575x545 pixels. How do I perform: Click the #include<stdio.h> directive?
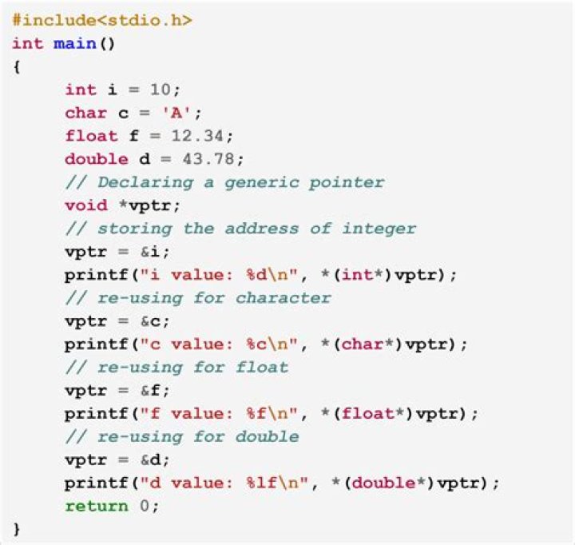tap(102, 20)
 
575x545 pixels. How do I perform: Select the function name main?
tap(75, 44)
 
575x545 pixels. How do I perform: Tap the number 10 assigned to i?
tap(160, 90)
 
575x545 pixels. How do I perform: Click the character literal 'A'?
tap(176, 113)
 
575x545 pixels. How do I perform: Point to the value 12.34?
tap(197, 136)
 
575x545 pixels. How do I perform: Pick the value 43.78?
tap(208, 159)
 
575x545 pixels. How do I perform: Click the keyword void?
tap(86, 205)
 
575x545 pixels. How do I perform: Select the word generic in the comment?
tap(262, 183)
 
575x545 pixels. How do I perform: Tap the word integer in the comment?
tap(379, 229)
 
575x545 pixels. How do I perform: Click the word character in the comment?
tap(283, 297)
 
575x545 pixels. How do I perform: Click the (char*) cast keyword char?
tap(363, 344)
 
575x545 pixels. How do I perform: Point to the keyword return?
tap(97, 506)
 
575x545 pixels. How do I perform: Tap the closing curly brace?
tap(16, 529)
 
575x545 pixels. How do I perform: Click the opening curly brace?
tap(16, 67)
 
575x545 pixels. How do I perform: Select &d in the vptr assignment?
tap(151, 459)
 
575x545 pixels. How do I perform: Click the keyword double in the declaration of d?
tap(97, 159)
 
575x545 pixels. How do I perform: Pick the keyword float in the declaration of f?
tap(91, 136)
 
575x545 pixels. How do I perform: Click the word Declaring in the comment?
tap(145, 183)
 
